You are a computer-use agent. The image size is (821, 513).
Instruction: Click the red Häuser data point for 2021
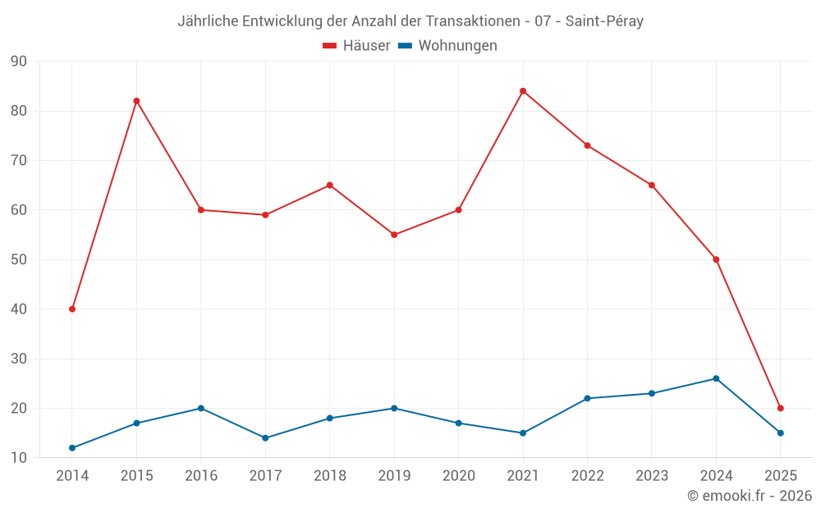point(523,91)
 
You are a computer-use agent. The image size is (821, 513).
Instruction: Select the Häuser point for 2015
point(136,101)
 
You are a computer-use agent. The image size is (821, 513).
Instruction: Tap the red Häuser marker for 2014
point(72,309)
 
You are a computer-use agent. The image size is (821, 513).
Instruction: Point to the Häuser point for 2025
point(781,408)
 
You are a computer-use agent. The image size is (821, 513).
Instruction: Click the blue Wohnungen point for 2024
point(716,378)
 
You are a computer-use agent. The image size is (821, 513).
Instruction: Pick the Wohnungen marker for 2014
point(72,448)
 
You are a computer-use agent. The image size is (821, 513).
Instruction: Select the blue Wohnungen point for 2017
point(265,438)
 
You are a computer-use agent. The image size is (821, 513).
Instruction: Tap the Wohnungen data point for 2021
point(523,433)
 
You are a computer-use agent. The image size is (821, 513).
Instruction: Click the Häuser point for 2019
point(394,235)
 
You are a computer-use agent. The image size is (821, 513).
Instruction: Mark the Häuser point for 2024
point(716,259)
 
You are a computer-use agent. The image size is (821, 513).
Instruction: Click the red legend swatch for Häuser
point(330,46)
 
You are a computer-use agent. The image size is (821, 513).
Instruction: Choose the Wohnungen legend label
point(457,46)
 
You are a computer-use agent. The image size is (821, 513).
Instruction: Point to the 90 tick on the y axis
point(19,62)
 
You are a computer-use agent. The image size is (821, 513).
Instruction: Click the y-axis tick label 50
point(19,260)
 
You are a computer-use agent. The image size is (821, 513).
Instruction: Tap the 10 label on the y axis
point(19,458)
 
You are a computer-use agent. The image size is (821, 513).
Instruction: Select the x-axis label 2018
point(330,476)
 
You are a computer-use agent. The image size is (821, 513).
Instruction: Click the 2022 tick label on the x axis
point(587,476)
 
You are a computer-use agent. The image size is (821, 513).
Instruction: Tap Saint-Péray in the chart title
point(604,21)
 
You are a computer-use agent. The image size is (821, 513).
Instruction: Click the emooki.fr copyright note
point(749,496)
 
